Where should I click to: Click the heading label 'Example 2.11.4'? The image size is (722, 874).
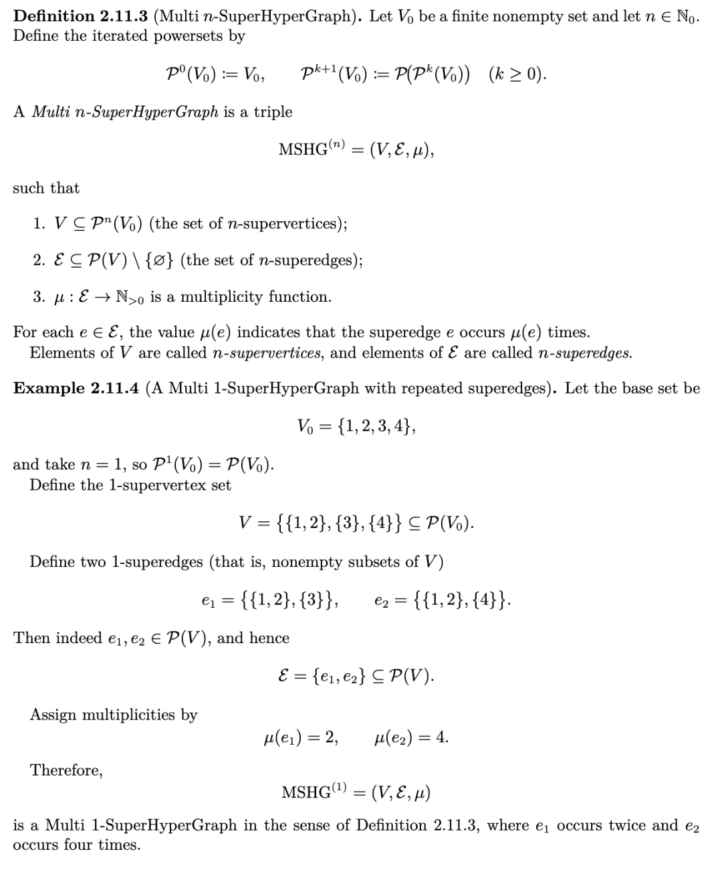pyautogui.click(x=76, y=389)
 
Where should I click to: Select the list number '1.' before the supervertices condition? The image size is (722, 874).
pyautogui.click(x=39, y=224)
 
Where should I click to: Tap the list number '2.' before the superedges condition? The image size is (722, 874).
pyautogui.click(x=39, y=260)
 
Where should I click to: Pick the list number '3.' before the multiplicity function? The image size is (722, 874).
pyautogui.click(x=39, y=296)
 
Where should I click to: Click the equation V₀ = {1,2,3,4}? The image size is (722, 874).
pyautogui.click(x=357, y=426)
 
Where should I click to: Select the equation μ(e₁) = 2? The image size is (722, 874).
pyautogui.click(x=301, y=737)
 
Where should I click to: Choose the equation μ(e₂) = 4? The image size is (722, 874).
pyautogui.click(x=412, y=737)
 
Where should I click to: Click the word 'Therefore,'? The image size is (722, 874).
pyautogui.click(x=66, y=770)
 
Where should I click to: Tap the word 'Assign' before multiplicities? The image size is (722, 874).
pyautogui.click(x=53, y=715)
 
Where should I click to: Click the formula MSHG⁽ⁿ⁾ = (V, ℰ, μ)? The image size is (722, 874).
pyautogui.click(x=356, y=149)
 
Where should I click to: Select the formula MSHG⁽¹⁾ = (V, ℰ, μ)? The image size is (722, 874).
pyautogui.click(x=356, y=793)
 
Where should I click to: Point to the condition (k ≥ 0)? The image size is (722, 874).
pyautogui.click(x=517, y=74)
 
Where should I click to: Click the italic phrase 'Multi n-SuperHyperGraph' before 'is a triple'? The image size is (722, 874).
pyautogui.click(x=124, y=112)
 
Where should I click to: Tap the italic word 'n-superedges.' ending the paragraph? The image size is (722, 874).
pyautogui.click(x=584, y=353)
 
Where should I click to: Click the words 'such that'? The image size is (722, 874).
pyautogui.click(x=46, y=188)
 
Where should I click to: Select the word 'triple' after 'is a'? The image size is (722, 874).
pyautogui.click(x=273, y=112)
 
